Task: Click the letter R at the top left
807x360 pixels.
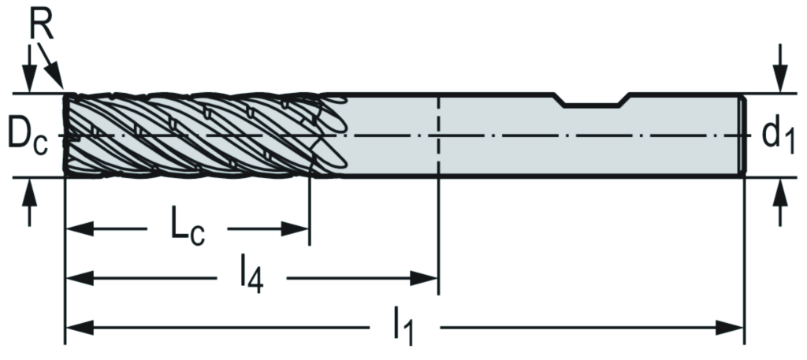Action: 42,25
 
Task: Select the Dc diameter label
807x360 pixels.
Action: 25,135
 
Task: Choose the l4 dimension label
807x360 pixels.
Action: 251,278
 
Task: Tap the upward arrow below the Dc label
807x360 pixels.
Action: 30,201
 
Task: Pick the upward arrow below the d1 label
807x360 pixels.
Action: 779,201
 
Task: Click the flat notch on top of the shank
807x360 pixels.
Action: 593,103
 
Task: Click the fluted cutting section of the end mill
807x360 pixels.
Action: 189,134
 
